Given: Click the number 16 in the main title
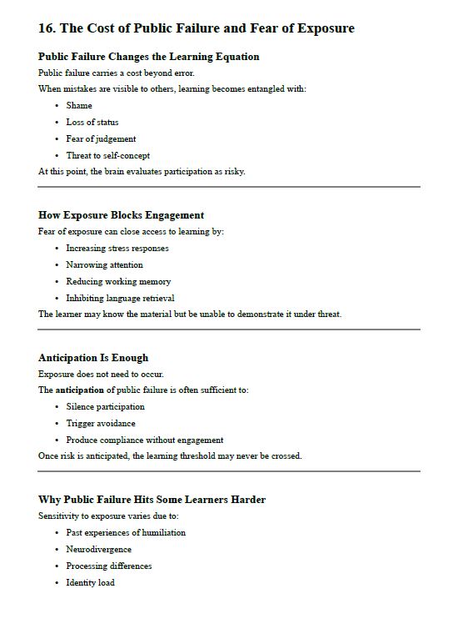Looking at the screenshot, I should tap(46, 28).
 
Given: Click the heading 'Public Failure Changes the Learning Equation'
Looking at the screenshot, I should tap(148, 57).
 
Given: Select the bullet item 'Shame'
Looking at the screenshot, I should tap(79, 106).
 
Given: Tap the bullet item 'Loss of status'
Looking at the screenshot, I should tap(92, 123).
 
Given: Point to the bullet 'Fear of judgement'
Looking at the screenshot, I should tap(101, 139).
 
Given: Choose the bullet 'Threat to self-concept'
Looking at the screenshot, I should tap(107, 156).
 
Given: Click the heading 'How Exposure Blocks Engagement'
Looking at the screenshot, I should tap(121, 215).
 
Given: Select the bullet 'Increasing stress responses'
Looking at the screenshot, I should tap(117, 249).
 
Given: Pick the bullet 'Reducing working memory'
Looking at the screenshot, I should tap(118, 282).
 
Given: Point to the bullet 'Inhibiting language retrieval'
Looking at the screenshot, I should tap(120, 298).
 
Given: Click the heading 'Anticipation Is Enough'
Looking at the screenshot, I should tap(93, 358).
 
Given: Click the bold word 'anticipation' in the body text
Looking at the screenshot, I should tap(80, 390).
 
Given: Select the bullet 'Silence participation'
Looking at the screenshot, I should tap(105, 407).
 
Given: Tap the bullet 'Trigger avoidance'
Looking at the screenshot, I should tap(100, 424).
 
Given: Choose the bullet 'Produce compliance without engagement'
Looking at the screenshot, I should tap(144, 440).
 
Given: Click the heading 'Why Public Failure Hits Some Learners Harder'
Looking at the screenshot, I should tap(152, 500).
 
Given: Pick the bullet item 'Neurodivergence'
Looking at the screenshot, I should tap(98, 550).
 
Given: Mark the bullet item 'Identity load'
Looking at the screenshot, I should tap(90, 583).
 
